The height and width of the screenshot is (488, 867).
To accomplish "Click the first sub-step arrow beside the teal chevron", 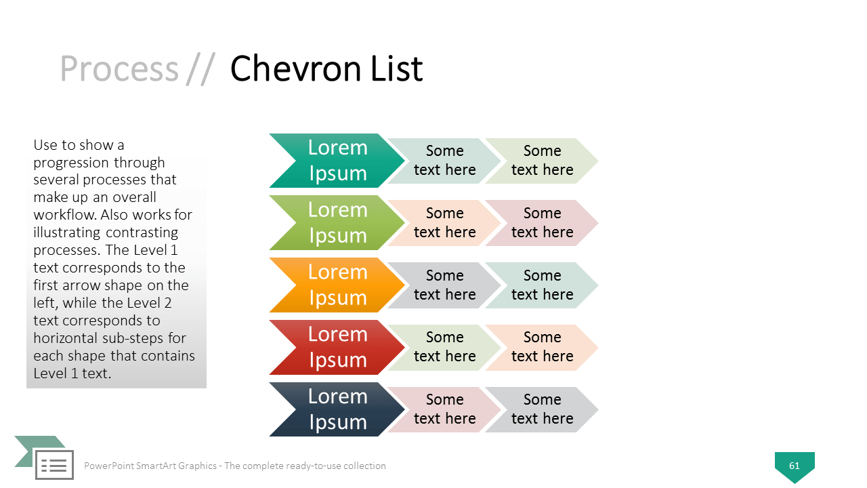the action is coord(444,161).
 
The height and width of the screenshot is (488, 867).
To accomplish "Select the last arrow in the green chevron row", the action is coord(542,223).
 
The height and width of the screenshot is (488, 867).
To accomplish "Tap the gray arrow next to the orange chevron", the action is coord(444,285).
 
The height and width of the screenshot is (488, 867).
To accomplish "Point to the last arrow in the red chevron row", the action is coord(542,348).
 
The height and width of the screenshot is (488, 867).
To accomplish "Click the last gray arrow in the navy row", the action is coord(542,410).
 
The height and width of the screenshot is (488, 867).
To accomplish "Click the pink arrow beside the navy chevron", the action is coord(444,410).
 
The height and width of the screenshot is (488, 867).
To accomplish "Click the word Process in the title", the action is coord(119,68).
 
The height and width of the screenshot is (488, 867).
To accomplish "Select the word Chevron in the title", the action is coord(296,68).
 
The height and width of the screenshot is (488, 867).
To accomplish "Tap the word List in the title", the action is coord(397,68).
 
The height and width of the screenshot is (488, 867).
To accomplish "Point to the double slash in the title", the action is coord(200,69).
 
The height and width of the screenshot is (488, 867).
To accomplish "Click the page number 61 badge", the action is coord(795,466).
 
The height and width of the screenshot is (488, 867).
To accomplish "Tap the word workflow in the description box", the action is coord(64,215).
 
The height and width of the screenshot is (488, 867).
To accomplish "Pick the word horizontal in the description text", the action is coord(66,338).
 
